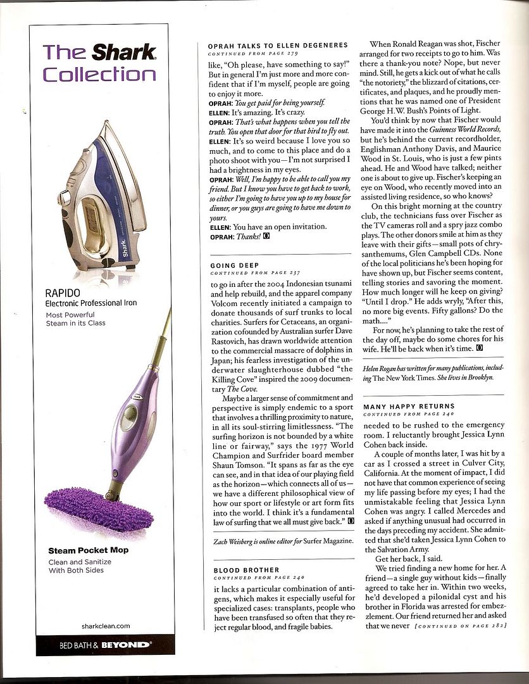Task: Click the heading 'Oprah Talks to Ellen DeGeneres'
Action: click(x=278, y=46)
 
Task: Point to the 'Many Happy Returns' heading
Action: click(x=409, y=406)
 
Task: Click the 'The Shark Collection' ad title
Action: click(x=99, y=63)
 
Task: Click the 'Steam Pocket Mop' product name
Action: click(x=88, y=550)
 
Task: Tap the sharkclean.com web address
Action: click(x=106, y=626)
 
